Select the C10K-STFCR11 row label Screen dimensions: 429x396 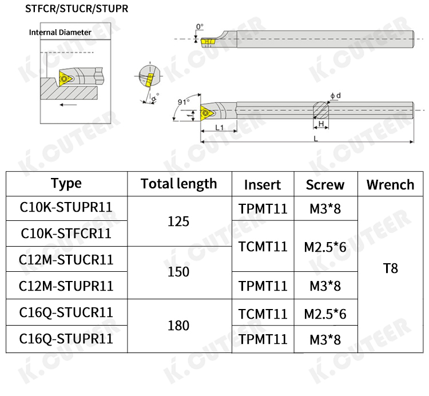[66, 233]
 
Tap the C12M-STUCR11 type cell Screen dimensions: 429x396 [66, 260]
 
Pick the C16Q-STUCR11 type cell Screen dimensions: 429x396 [66, 312]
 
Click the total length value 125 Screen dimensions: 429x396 [178, 221]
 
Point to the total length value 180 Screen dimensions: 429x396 [178, 326]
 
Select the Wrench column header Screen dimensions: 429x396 [391, 184]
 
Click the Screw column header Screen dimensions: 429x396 [325, 185]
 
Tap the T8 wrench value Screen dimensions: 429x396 [391, 268]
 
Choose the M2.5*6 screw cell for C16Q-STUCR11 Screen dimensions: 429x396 [325, 314]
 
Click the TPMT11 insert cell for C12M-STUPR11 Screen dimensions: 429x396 [263, 286]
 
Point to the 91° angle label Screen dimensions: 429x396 [184, 102]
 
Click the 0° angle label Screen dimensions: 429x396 [200, 26]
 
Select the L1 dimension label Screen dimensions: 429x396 [220, 127]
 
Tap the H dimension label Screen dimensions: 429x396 [321, 124]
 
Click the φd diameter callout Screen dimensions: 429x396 [335, 96]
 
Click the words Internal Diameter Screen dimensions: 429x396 [60, 32]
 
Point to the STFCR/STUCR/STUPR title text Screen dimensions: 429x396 [77, 9]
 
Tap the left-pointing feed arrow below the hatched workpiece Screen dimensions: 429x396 [68, 105]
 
